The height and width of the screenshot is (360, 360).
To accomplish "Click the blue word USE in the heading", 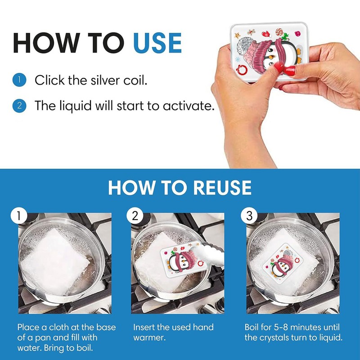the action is click(157, 43).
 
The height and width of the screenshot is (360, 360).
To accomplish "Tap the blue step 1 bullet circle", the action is click(19, 80).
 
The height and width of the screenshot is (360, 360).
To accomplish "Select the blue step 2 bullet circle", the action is click(19, 106).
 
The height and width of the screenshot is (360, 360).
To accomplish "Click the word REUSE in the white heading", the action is click(222, 187).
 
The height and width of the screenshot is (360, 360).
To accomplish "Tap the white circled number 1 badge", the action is click(19, 216).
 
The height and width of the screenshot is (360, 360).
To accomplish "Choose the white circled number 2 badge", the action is click(135, 216).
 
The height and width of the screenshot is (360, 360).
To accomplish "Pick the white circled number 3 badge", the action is click(249, 216).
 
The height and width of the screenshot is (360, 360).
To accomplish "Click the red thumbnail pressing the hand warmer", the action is click(290, 70).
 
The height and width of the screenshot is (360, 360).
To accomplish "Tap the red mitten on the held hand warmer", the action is click(266, 34).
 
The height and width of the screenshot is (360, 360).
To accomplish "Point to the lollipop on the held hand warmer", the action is click(279, 31).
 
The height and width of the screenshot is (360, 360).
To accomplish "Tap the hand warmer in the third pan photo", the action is click(283, 263).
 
